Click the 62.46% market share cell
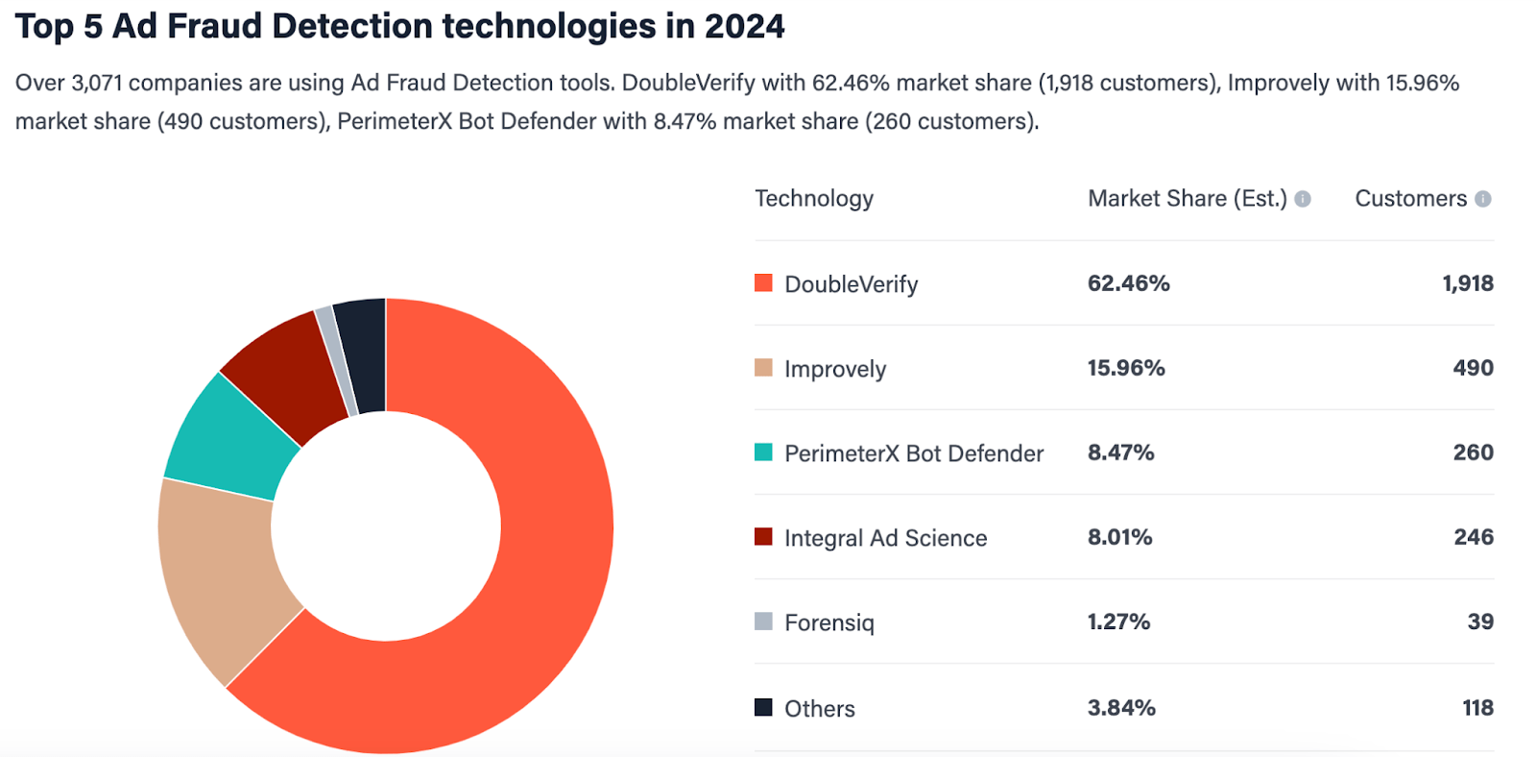[1128, 283]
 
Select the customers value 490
[1473, 368]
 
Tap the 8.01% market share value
[1119, 537]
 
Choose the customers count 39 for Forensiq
[1479, 622]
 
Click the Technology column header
[814, 199]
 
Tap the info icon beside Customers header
[1483, 199]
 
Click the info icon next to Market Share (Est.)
[1303, 199]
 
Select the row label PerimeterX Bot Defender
[913, 453]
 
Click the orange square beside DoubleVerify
[763, 282]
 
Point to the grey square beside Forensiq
[763, 621]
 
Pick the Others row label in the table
[819, 709]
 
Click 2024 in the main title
[744, 26]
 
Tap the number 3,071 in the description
[97, 83]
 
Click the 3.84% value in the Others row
[1121, 708]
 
